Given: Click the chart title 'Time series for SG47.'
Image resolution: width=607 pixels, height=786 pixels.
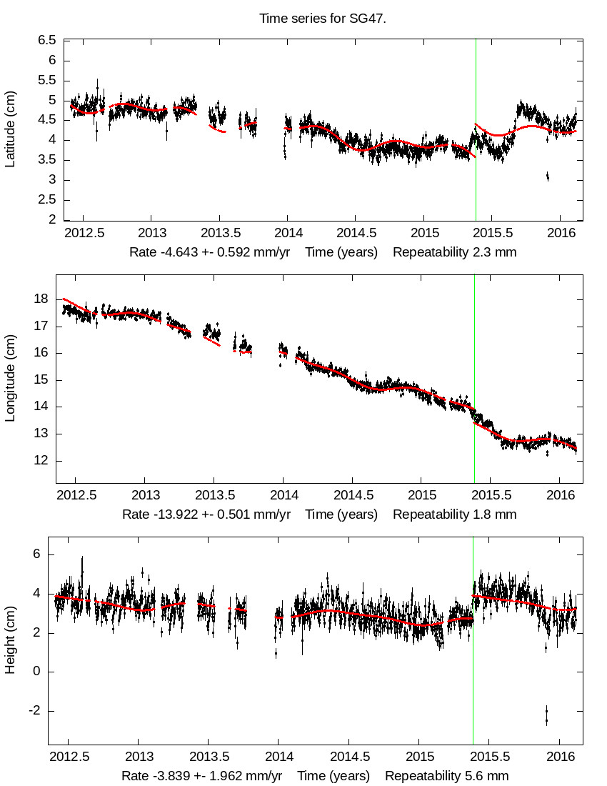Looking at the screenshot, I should [323, 19].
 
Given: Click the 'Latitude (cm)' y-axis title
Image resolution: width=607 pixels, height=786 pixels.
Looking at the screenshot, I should [10, 129].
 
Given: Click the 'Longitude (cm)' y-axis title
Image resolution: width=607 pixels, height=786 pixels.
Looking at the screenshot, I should [10, 379].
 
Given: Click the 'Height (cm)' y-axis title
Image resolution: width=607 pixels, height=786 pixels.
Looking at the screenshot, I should [10, 640].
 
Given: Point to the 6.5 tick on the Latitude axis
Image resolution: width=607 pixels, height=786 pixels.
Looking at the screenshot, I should [47, 41].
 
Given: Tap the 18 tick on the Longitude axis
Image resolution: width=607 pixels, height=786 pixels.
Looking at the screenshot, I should [43, 299].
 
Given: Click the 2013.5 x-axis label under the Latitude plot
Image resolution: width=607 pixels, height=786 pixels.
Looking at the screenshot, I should [219, 233].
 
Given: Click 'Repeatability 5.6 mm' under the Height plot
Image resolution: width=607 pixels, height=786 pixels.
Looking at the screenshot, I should [447, 776].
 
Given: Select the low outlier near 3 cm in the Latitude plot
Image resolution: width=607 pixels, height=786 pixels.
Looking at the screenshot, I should [547, 176].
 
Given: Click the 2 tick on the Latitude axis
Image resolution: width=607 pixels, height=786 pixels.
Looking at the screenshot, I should [51, 221].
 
